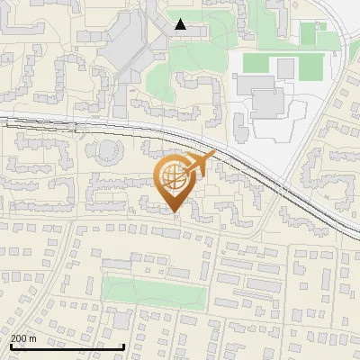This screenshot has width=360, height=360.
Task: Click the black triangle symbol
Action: click(181, 24)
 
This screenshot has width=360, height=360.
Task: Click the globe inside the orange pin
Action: click(174, 178)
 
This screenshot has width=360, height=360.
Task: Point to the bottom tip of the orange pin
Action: click(175, 212)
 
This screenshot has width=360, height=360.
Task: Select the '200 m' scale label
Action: click(24, 338)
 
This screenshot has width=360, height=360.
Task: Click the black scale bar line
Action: click(67, 346)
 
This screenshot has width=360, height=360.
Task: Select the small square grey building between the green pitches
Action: click(286, 68)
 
